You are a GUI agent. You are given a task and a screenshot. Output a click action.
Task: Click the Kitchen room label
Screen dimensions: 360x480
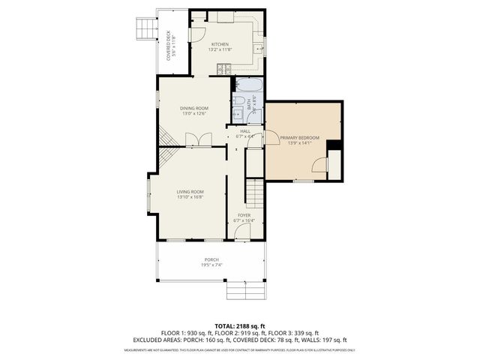219,44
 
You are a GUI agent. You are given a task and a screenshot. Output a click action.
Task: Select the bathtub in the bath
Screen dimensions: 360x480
248,85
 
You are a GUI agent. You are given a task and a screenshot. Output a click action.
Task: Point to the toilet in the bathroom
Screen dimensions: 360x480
238,100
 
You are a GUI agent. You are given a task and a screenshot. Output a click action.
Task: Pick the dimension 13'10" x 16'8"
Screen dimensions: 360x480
190,197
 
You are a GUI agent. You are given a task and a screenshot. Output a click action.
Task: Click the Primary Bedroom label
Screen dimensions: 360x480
299,138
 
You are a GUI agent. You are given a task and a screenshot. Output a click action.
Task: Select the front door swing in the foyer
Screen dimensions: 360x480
242,233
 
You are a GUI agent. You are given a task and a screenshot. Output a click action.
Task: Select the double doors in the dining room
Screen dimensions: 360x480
193,139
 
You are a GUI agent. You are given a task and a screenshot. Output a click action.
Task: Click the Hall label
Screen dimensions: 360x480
245,131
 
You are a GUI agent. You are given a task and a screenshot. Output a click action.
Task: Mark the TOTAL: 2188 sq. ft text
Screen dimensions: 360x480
240,325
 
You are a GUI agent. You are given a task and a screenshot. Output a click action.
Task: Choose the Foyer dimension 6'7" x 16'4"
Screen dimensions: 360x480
244,220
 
